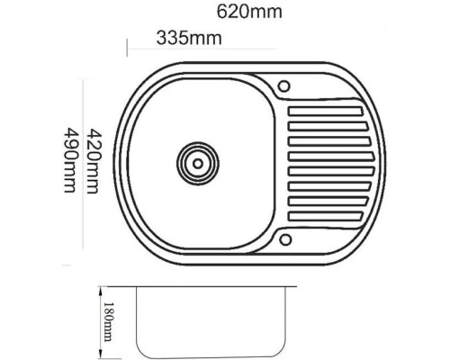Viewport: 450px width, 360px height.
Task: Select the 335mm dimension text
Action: click(x=189, y=38)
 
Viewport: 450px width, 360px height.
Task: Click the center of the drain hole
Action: click(x=196, y=163)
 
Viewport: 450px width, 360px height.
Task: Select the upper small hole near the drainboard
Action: click(x=283, y=87)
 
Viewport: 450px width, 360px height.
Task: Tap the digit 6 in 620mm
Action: click(x=224, y=13)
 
